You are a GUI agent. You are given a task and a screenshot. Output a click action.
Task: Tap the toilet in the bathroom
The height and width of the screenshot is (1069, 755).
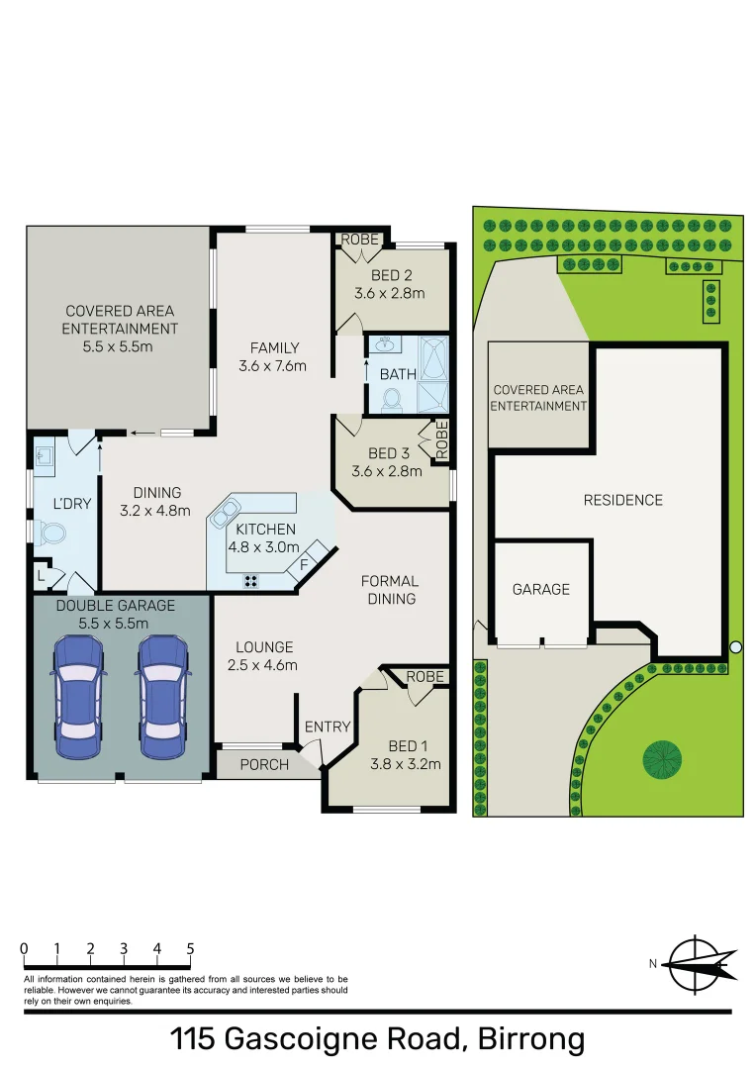tap(391, 399)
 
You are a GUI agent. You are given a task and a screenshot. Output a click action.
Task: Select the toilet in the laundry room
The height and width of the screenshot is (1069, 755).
tap(49, 534)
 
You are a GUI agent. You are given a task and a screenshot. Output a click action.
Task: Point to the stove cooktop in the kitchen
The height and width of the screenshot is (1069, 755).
tap(251, 581)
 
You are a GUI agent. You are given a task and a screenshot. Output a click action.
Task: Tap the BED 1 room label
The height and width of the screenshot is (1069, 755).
tap(404, 745)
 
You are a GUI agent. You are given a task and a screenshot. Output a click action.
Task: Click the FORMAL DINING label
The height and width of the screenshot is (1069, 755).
tap(390, 589)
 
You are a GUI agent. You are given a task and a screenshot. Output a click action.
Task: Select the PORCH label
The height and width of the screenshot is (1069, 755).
tap(264, 764)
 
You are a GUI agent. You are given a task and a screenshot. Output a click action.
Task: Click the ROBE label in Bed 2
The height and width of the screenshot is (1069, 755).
tap(359, 240)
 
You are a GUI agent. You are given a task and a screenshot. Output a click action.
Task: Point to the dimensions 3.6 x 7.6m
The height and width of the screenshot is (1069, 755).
tap(273, 365)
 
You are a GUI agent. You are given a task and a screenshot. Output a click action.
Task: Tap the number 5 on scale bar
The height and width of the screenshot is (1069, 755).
tap(190, 948)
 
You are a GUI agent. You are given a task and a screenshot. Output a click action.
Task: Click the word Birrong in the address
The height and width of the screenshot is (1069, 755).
tap(531, 1039)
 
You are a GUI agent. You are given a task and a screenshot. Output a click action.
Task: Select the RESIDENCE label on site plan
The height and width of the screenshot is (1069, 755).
tap(622, 500)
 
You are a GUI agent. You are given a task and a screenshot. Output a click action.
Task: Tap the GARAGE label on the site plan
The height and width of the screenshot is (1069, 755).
tap(540, 589)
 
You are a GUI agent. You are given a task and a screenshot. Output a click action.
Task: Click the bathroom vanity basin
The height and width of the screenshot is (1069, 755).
tap(384, 347)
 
